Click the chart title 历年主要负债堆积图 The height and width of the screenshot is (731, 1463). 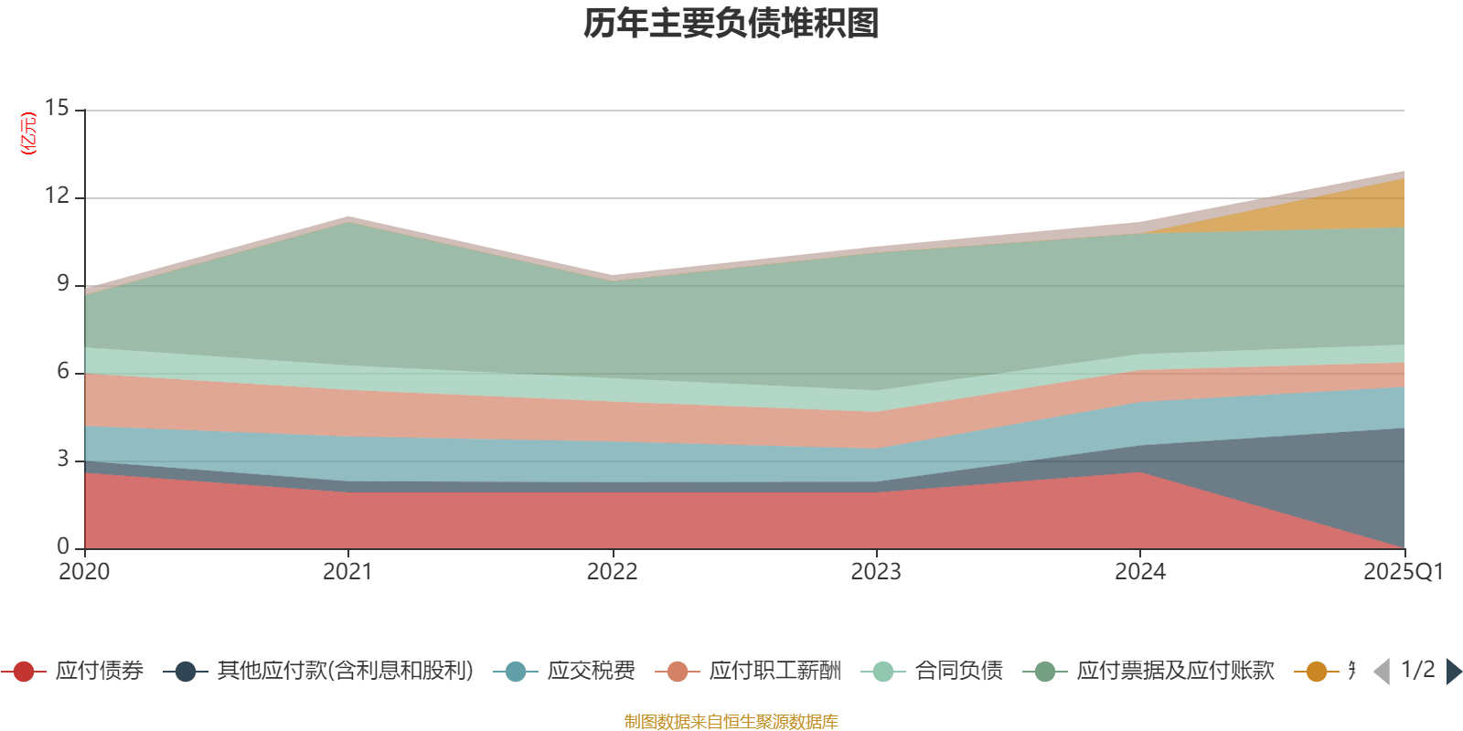(x=731, y=25)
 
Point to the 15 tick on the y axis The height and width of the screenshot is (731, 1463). (x=57, y=109)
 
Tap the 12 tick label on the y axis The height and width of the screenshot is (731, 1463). (x=57, y=196)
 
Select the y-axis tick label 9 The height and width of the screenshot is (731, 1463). (x=63, y=284)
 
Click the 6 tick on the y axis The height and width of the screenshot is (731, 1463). (x=63, y=372)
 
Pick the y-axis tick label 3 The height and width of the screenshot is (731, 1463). (x=63, y=460)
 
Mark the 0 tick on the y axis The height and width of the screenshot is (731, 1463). (x=63, y=546)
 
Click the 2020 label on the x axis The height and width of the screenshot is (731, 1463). (x=84, y=572)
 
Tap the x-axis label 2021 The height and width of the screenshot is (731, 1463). (x=347, y=572)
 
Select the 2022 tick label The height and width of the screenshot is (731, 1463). (x=612, y=572)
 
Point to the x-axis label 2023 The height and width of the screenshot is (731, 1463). (x=876, y=572)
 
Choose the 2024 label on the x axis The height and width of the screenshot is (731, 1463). (x=1139, y=572)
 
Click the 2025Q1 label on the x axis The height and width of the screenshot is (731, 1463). (x=1403, y=572)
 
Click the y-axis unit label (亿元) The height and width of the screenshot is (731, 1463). (x=28, y=133)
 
